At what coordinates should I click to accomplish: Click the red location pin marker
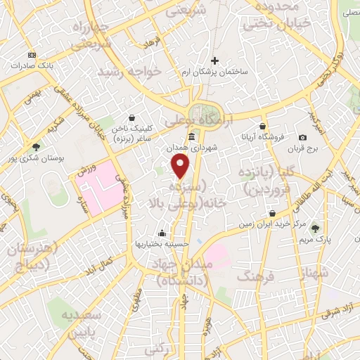click(x=181, y=166)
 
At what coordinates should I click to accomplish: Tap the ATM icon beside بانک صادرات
click(x=31, y=55)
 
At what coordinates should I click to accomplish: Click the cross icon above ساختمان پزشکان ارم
click(x=215, y=61)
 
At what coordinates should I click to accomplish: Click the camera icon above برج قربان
click(x=302, y=138)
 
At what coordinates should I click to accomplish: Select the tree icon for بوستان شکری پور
click(x=36, y=147)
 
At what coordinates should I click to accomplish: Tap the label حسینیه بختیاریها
click(x=162, y=243)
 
